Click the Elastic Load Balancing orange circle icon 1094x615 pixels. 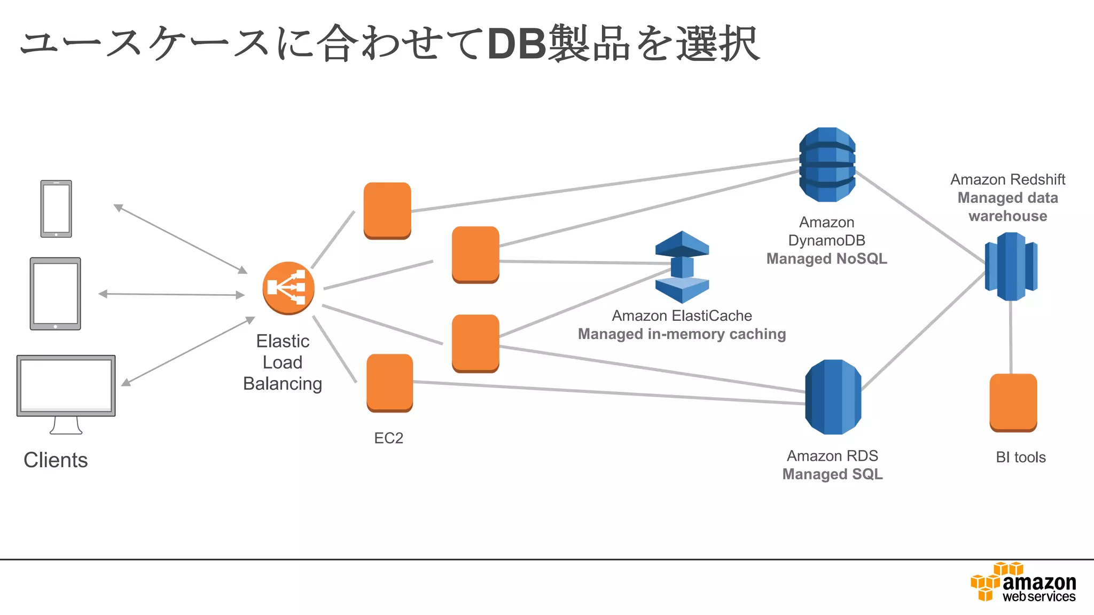click(x=288, y=288)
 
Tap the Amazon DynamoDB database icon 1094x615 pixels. click(x=827, y=164)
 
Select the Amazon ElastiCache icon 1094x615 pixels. click(x=682, y=267)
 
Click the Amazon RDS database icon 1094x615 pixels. click(x=833, y=397)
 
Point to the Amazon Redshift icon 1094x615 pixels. click(x=1011, y=266)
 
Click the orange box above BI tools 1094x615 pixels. click(x=1013, y=403)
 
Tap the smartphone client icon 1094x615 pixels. click(x=56, y=209)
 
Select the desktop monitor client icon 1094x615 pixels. click(x=66, y=395)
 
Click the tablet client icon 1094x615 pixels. click(x=56, y=294)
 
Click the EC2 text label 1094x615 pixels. click(x=389, y=438)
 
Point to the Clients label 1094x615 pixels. click(x=56, y=460)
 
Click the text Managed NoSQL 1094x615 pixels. click(x=827, y=259)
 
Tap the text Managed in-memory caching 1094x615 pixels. click(x=682, y=334)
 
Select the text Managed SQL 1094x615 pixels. click(x=833, y=475)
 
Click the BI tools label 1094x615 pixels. click(x=1021, y=458)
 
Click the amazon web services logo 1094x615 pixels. click(x=1023, y=582)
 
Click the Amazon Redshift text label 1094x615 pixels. click(x=1008, y=179)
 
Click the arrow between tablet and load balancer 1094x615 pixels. click(x=171, y=294)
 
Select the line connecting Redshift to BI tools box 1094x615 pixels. click(x=1011, y=337)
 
